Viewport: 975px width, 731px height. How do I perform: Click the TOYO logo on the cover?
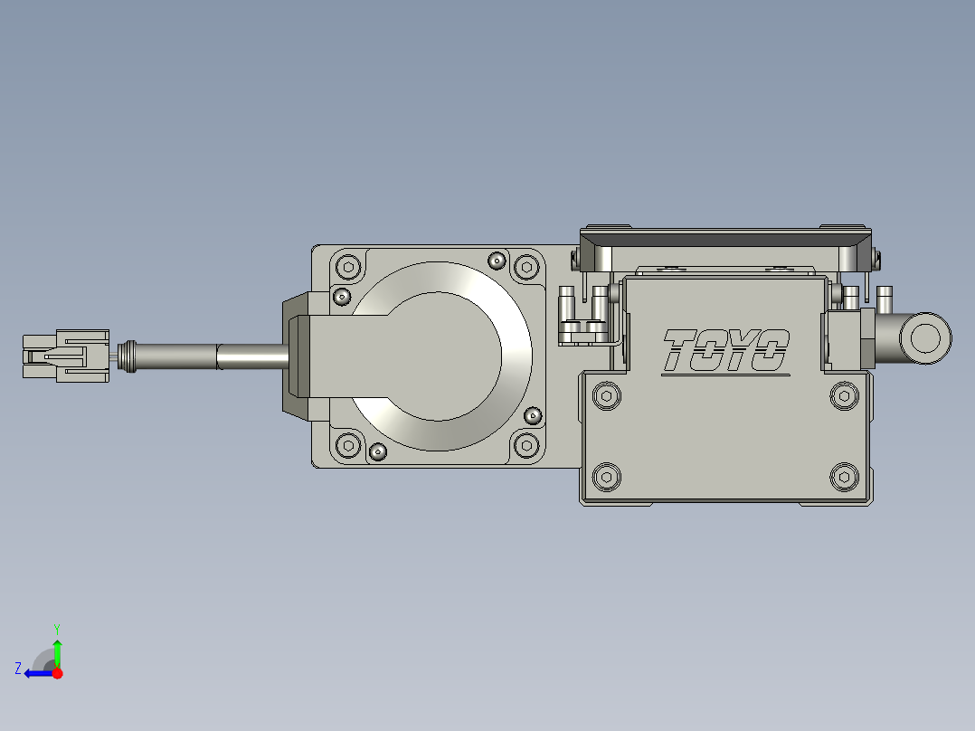725,352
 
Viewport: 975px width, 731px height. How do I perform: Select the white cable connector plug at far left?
66,356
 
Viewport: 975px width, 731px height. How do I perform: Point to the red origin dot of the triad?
57,673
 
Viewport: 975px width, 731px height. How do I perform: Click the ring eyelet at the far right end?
925,338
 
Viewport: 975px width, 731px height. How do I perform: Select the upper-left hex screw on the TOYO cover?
606,396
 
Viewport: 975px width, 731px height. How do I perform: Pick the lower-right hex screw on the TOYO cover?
844,477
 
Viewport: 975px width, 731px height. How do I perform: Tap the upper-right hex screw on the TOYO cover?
844,396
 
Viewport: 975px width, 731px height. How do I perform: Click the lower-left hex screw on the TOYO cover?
606,477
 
